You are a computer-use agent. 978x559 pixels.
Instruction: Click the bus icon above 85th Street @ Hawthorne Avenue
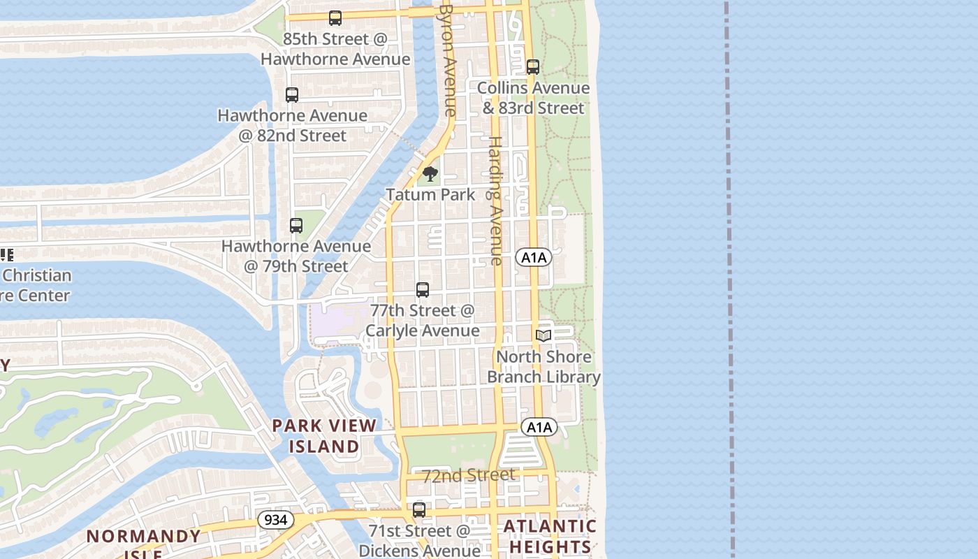click(335, 18)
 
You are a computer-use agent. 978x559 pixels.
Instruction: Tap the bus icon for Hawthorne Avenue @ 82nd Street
click(292, 95)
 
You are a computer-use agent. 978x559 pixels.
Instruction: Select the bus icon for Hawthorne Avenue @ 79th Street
click(296, 226)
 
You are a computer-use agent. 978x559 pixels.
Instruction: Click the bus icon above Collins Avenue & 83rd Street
click(533, 67)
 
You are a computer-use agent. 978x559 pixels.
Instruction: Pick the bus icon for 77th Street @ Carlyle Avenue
click(423, 289)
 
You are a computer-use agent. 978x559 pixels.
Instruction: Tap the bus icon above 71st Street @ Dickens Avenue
click(419, 510)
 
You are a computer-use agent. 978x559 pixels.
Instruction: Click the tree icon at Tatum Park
click(430, 174)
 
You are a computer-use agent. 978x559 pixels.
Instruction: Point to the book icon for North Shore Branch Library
click(543, 336)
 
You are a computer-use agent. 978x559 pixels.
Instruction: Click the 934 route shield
click(276, 520)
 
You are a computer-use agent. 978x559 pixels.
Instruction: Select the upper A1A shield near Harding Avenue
click(534, 258)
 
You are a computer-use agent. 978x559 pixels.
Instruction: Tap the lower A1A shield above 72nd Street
click(539, 427)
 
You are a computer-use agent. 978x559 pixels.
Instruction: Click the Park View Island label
click(324, 435)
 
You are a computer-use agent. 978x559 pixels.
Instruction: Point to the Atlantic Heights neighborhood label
click(550, 536)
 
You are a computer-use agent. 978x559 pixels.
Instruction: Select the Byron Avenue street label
click(448, 59)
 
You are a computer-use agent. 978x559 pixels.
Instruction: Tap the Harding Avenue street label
click(495, 200)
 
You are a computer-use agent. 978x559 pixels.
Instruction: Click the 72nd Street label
click(469, 476)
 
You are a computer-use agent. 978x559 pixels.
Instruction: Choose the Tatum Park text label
click(430, 195)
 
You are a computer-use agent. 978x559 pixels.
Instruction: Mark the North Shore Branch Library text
click(543, 367)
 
